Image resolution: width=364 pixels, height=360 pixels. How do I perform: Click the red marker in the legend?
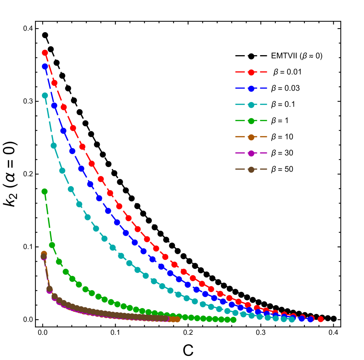tap(251, 72)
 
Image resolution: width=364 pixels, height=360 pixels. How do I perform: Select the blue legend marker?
tap(251, 88)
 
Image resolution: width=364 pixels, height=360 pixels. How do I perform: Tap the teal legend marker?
tap(251, 105)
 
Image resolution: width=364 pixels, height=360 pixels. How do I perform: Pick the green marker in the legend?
tap(251, 121)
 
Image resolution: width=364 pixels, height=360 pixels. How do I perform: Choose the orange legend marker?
tap(251, 137)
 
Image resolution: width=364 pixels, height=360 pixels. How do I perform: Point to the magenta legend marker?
tap(251, 153)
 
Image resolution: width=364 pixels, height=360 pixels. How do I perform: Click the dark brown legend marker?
tap(251, 169)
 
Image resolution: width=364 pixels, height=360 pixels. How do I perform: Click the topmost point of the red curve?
tap(45, 53)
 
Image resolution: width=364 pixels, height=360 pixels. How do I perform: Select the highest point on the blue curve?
tap(45, 67)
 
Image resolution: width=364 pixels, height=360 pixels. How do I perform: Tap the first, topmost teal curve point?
tap(45, 95)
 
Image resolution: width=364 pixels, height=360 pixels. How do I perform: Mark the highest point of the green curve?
tap(45, 191)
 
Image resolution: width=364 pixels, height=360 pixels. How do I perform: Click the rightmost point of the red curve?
tap(321, 319)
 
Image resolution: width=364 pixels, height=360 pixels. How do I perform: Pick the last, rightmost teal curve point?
tap(292, 319)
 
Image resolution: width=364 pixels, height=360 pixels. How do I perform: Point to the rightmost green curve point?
tap(233, 319)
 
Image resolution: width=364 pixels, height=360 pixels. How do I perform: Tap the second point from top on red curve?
tap(54, 83)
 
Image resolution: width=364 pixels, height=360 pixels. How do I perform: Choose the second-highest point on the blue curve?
tap(54, 106)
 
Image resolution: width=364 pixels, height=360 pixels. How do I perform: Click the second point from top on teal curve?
tap(54, 145)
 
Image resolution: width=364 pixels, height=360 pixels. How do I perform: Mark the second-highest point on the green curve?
tap(52, 245)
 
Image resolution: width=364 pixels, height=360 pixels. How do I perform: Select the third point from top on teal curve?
tap(62, 171)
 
